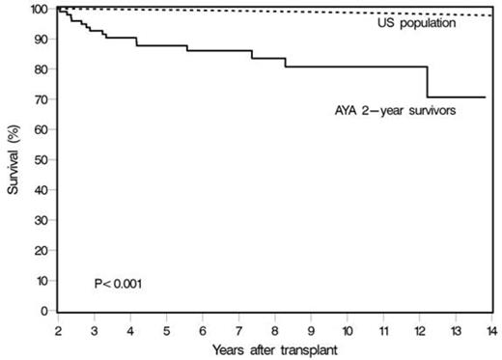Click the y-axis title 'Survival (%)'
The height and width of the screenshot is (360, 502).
tap(13, 160)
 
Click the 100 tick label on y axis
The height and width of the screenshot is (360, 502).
tap(37, 9)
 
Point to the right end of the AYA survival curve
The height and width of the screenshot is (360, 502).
tap(485, 97)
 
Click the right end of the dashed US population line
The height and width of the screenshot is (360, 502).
tap(491, 15)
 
